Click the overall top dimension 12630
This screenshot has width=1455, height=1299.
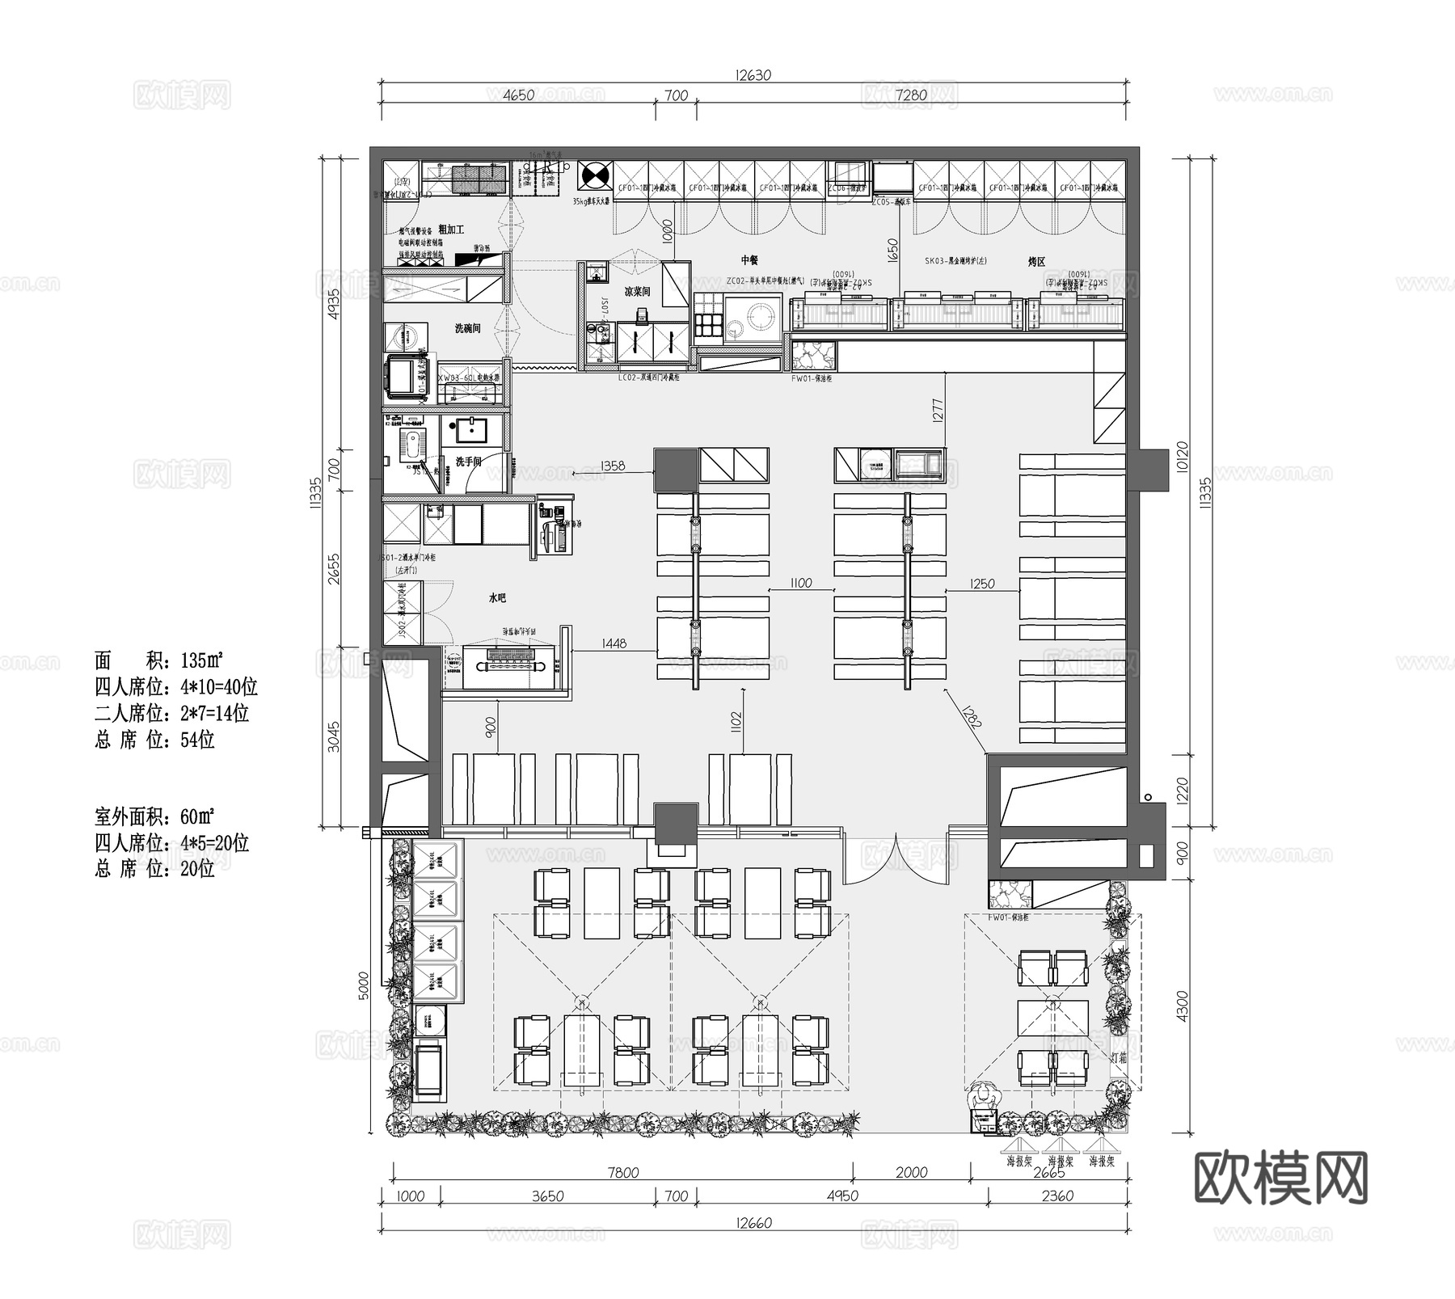coord(753,75)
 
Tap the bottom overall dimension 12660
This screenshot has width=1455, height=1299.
coord(753,1222)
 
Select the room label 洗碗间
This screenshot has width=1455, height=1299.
coord(467,328)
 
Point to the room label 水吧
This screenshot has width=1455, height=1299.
coord(497,598)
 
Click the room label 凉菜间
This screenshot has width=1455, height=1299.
coord(636,291)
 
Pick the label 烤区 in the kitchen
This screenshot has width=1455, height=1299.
coord(1036,262)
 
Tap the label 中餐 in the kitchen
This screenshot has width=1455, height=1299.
coord(749,260)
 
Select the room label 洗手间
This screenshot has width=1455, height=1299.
coord(468,462)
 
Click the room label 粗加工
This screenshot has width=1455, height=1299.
coord(450,230)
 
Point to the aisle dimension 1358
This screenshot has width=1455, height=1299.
coord(613,466)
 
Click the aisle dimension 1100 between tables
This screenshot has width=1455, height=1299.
coord(800,583)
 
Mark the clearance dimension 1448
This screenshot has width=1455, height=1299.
coord(614,643)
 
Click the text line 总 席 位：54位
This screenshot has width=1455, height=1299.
coord(154,740)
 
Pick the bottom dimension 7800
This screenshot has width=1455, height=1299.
coord(622,1172)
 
